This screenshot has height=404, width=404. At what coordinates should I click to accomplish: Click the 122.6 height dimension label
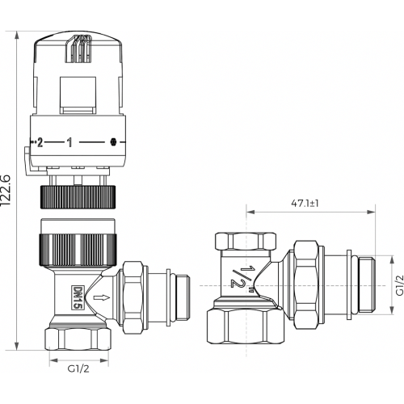6,190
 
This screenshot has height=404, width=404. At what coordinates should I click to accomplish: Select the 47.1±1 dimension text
305,204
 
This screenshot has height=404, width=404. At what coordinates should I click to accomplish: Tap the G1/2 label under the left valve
78,368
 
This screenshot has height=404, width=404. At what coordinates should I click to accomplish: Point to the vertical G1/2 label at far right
400,285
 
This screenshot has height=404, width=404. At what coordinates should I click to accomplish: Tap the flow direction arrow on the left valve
102,297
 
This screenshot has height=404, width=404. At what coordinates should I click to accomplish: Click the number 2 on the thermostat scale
40,142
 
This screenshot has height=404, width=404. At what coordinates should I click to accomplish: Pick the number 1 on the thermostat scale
69,142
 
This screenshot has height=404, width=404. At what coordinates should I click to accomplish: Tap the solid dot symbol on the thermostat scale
113,142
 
